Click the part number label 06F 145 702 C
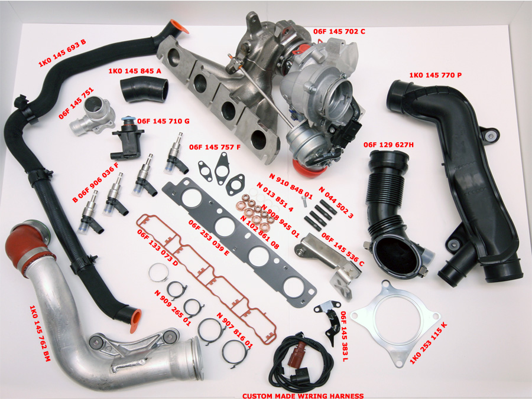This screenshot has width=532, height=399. tap(339, 31)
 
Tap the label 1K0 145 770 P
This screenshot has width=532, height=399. tap(435, 75)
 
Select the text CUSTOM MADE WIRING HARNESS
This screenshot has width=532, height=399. tap(303, 395)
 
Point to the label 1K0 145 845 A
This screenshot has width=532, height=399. tap(135, 71)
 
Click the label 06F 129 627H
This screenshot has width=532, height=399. tap(388, 145)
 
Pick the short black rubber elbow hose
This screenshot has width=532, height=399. tap(144, 89)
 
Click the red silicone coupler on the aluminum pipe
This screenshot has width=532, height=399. tap(27, 246)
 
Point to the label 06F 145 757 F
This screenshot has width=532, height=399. tap(215, 147)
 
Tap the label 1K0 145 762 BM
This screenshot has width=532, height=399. tap(40, 333)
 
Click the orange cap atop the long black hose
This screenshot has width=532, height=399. tap(179, 27)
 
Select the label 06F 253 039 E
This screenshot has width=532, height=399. tap(209, 238)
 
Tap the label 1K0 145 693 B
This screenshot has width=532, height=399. tap(62, 53)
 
